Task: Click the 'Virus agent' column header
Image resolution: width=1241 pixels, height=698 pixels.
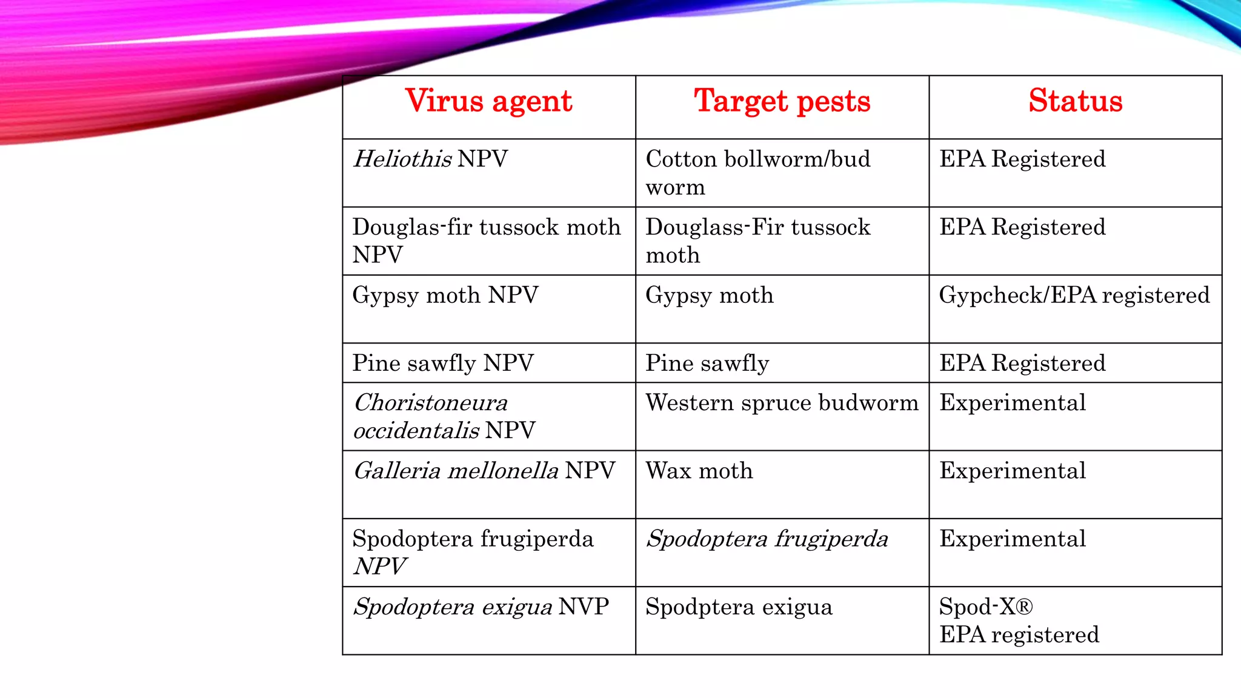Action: (x=488, y=101)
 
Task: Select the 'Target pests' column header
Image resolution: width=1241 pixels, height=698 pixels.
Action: (x=782, y=101)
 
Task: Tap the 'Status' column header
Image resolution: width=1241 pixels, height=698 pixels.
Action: (x=1075, y=101)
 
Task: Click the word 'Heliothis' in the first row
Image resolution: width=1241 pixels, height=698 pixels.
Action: (x=402, y=159)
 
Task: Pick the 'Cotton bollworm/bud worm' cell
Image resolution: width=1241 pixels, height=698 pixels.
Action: (x=757, y=173)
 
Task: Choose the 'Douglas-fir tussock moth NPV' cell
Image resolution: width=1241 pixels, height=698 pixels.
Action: (x=487, y=241)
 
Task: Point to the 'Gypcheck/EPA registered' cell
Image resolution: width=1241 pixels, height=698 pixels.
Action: (x=1074, y=296)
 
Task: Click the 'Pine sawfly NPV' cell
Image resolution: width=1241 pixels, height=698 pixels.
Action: (x=443, y=364)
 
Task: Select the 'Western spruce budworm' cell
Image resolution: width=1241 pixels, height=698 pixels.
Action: (x=782, y=403)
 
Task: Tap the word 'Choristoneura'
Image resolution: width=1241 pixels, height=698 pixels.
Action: (x=431, y=403)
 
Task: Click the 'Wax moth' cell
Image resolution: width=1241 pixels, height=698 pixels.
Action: (x=699, y=471)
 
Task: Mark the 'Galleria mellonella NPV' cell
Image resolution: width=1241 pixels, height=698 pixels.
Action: (x=484, y=471)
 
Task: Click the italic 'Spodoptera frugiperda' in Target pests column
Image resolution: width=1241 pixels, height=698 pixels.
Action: (x=767, y=539)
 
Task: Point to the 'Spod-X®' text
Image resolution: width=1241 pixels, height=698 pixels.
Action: (x=986, y=607)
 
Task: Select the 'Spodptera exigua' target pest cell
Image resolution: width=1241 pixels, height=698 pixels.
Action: (x=739, y=607)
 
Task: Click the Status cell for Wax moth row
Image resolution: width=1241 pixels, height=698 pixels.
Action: (x=1013, y=471)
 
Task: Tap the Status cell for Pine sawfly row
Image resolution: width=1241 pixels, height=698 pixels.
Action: (x=1022, y=364)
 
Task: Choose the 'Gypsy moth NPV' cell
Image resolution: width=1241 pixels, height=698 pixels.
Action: (x=445, y=296)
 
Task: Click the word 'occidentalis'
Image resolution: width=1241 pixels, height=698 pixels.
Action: (x=416, y=431)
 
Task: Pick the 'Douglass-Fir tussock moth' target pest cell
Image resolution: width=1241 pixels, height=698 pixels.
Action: (x=757, y=241)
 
